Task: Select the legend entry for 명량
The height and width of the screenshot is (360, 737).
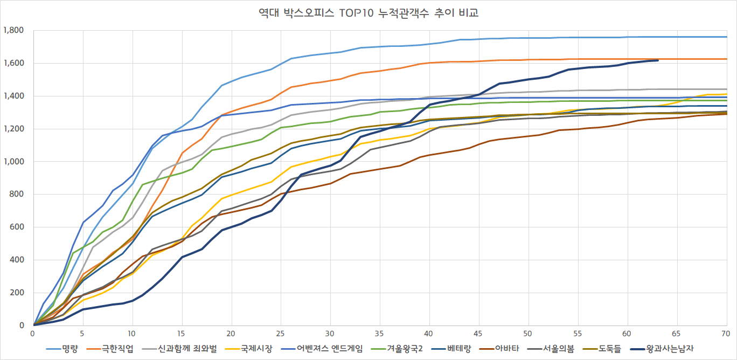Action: click(x=70, y=349)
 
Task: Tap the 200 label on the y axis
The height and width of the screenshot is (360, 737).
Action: click(x=17, y=293)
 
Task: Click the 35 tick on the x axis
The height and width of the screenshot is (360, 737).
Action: click(x=380, y=335)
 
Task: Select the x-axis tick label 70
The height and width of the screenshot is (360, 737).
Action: click(x=726, y=335)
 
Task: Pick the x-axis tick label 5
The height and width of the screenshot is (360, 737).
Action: click(x=83, y=335)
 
